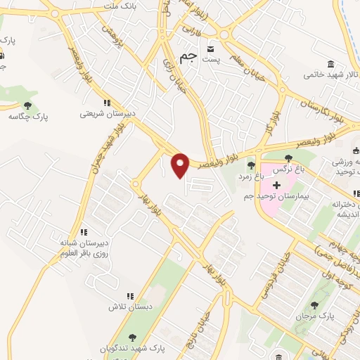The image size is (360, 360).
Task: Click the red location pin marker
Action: [181, 165]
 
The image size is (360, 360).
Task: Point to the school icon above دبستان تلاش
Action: [129, 297]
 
